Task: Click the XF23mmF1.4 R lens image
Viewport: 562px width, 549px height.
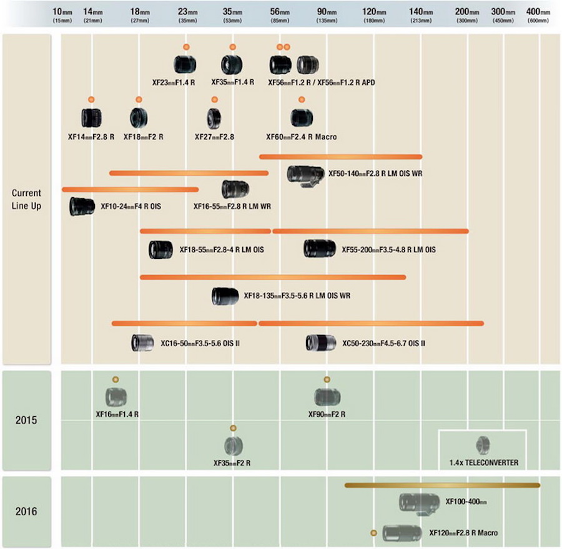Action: pyautogui.click(x=185, y=64)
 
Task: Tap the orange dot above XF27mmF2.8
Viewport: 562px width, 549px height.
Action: pyautogui.click(x=214, y=100)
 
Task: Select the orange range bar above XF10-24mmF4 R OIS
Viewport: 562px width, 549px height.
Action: pyautogui.click(x=130, y=189)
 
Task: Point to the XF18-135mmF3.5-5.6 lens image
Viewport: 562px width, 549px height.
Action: pyautogui.click(x=225, y=296)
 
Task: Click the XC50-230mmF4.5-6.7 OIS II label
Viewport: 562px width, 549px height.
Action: pyautogui.click(x=383, y=343)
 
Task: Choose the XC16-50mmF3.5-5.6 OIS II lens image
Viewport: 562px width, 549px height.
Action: pyautogui.click(x=142, y=343)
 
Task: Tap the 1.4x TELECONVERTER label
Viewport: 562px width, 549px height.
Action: pyautogui.click(x=483, y=463)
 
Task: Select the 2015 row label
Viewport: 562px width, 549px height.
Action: pyautogui.click(x=27, y=420)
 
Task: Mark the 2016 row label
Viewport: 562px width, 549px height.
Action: pyautogui.click(x=27, y=512)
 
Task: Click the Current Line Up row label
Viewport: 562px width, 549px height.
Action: pyautogui.click(x=27, y=200)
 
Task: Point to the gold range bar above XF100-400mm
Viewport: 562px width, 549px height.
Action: pyautogui.click(x=442, y=485)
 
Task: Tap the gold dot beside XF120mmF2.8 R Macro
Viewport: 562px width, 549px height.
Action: pyautogui.click(x=374, y=533)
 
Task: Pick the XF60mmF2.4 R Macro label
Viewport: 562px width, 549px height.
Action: pyautogui.click(x=301, y=137)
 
